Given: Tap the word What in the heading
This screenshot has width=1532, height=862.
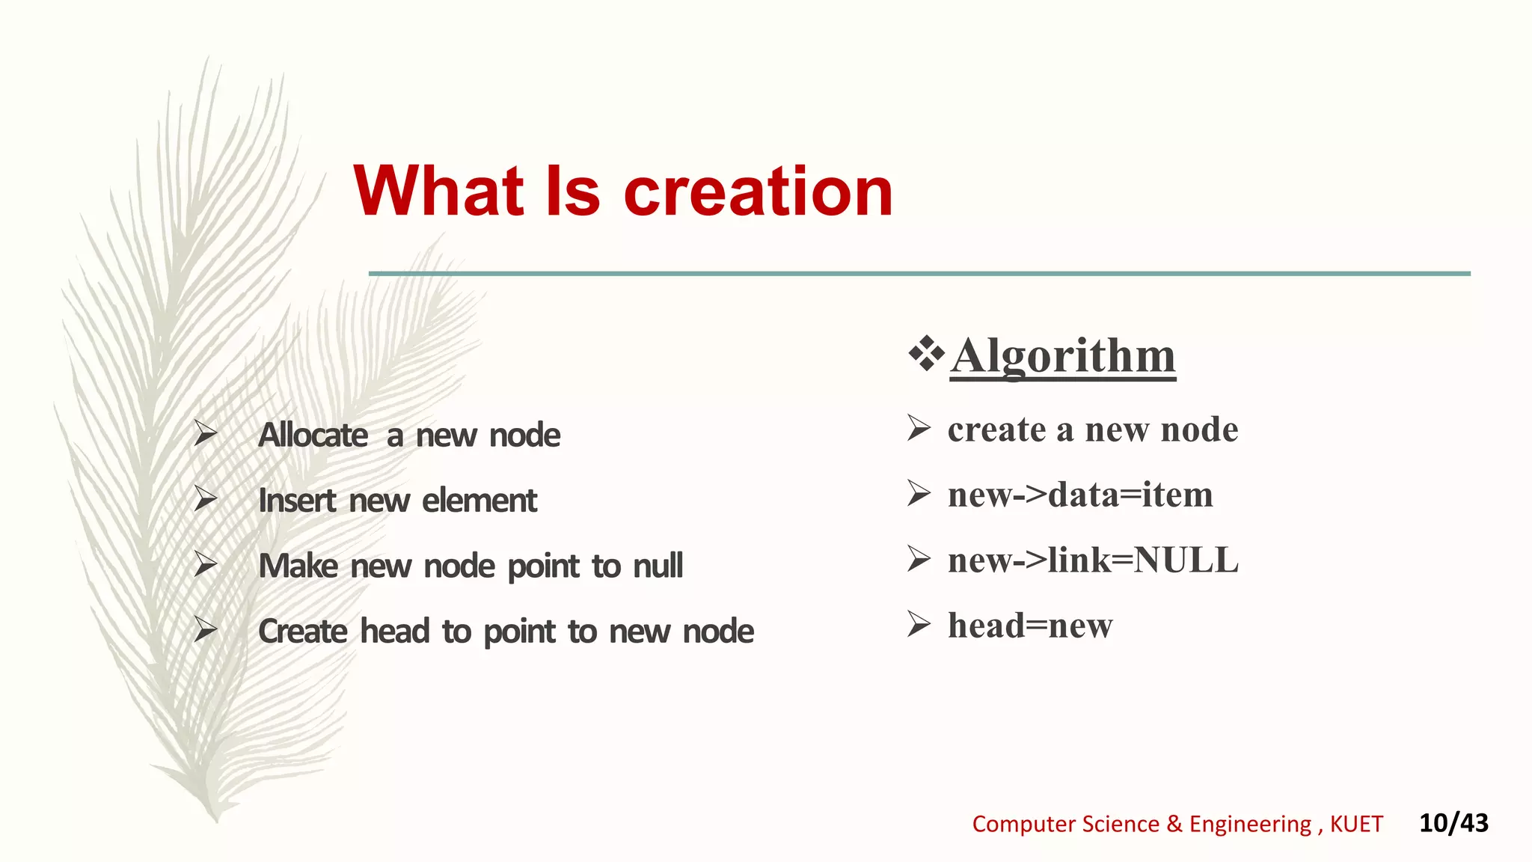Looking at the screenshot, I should (439, 192).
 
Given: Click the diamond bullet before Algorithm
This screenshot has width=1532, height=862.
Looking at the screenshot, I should (926, 355).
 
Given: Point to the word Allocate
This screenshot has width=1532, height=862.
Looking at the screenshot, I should (313, 435).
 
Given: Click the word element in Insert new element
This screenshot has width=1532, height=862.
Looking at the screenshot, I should (479, 501).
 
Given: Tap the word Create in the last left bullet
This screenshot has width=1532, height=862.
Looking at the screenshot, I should (302, 632).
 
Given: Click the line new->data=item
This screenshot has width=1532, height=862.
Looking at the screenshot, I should (1079, 495).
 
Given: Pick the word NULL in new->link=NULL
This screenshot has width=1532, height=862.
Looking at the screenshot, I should (1186, 560).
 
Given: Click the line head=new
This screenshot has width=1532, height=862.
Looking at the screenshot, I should (1029, 626).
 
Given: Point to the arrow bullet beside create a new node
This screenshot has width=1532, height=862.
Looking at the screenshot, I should (919, 428).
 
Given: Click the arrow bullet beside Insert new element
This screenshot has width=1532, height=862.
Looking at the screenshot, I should (205, 498).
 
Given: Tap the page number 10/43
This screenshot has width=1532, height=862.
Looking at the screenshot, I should (1453, 823).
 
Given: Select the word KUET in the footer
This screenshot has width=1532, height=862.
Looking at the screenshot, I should (1356, 824).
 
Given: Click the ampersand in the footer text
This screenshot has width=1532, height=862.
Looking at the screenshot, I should (1174, 824).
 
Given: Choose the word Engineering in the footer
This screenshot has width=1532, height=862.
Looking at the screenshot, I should (1250, 824).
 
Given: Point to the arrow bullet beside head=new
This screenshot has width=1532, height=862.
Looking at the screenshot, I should (919, 623).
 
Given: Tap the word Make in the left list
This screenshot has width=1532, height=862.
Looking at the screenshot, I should (298, 566).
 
